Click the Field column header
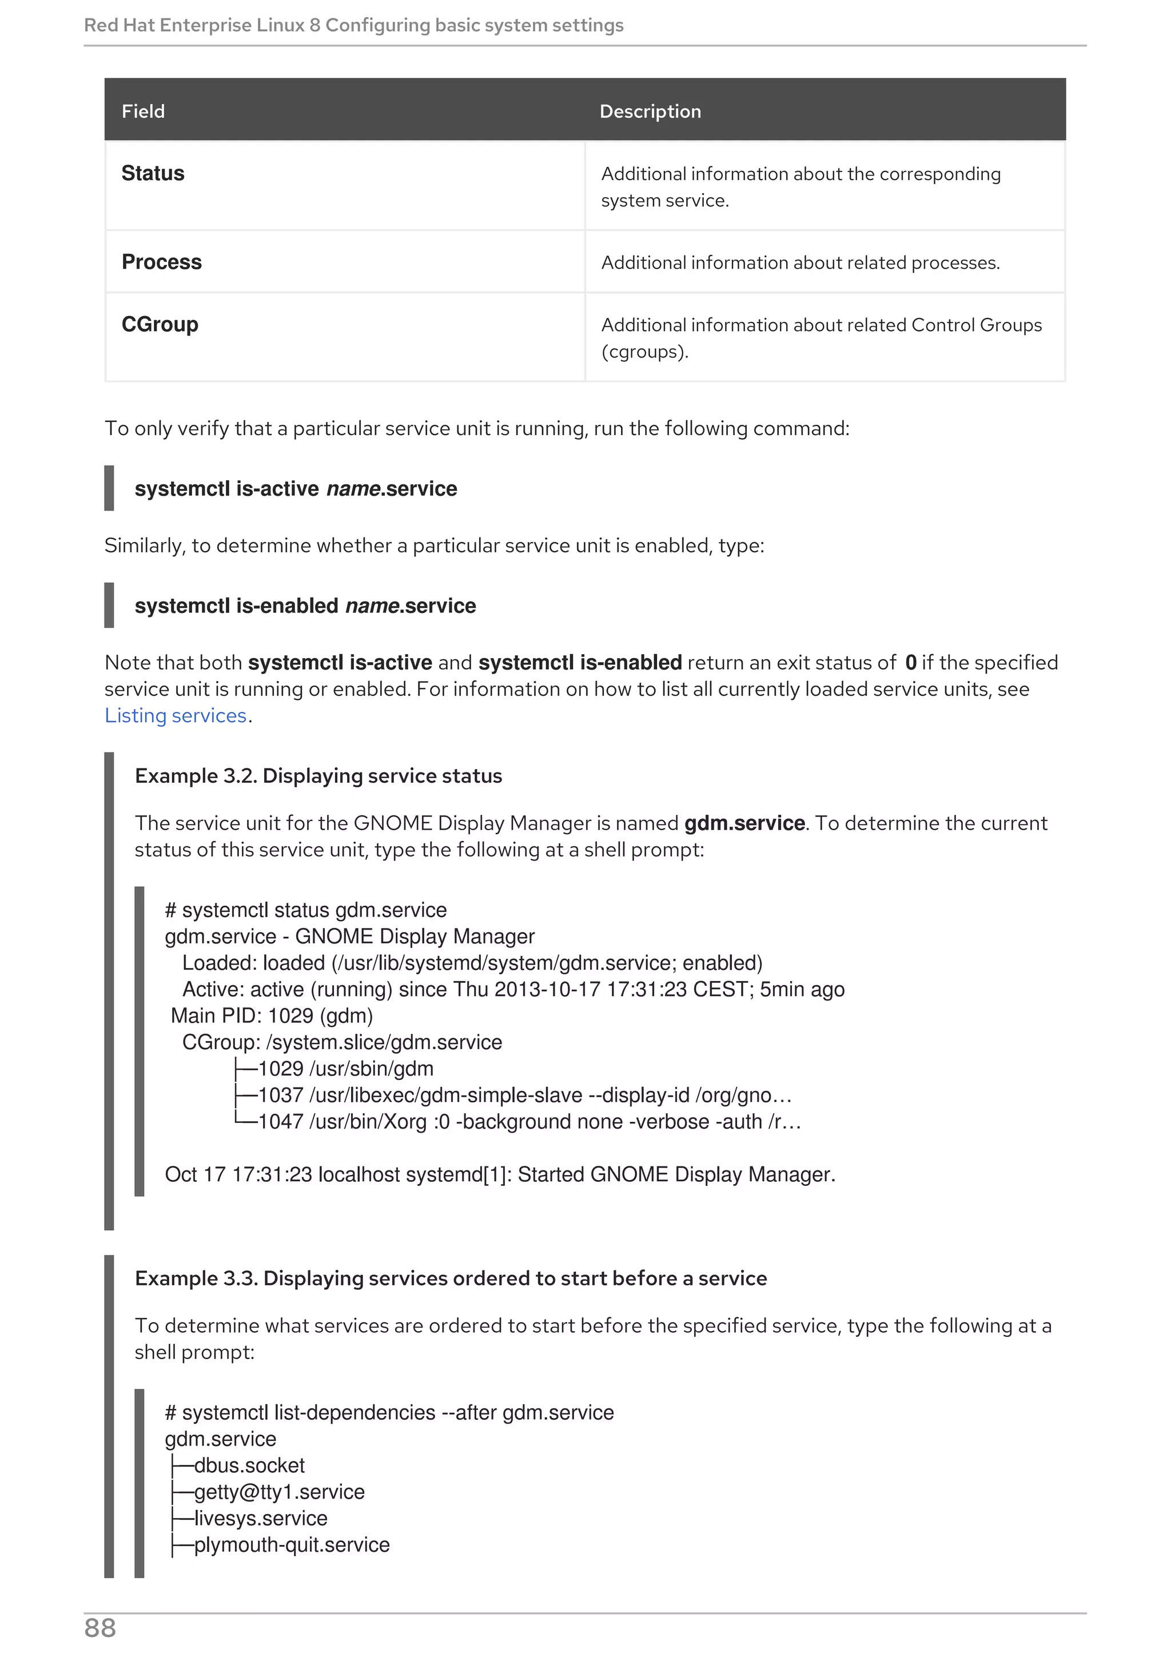pyautogui.click(x=143, y=111)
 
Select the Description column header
pyautogui.click(x=650, y=111)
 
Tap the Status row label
pyautogui.click(x=153, y=173)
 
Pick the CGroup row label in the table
pyautogui.click(x=160, y=324)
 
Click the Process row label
pyautogui.click(x=162, y=262)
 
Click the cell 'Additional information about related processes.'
pyautogui.click(x=800, y=262)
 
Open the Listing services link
pyautogui.click(x=176, y=715)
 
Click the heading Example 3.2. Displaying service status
pyautogui.click(x=318, y=776)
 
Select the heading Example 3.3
pyautogui.click(x=450, y=1278)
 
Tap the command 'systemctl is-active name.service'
pyautogui.click(x=296, y=489)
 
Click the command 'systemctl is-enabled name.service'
pyautogui.click(x=305, y=606)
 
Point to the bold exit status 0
pyautogui.click(x=910, y=663)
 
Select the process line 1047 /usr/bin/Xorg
pyautogui.click(x=529, y=1121)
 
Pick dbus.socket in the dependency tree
pyautogui.click(x=249, y=1465)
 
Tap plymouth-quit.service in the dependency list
pyautogui.click(x=292, y=1544)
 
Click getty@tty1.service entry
pyautogui.click(x=279, y=1492)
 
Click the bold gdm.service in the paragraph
pyautogui.click(x=744, y=823)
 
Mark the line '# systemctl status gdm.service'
pyautogui.click(x=306, y=910)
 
